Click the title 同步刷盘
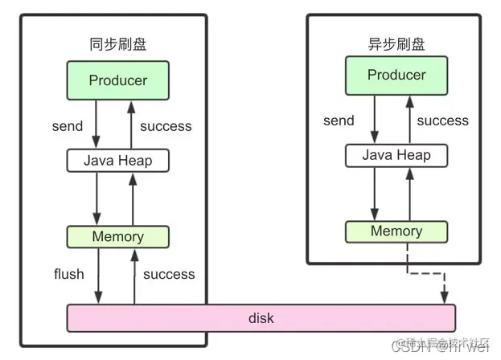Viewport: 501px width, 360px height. tap(118, 44)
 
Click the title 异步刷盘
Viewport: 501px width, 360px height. tap(396, 44)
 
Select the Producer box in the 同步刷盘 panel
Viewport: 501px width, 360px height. tap(118, 80)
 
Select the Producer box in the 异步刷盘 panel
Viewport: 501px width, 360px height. tap(396, 76)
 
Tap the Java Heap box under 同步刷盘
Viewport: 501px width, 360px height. tap(119, 160)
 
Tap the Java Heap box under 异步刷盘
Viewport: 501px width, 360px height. tap(396, 155)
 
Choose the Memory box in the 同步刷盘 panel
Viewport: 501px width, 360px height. tap(118, 237)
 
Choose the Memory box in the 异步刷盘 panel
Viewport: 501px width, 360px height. tap(396, 231)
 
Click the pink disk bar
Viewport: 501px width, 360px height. tap(261, 318)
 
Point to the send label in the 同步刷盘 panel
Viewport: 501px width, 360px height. tap(68, 126)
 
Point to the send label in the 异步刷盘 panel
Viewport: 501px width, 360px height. tap(339, 121)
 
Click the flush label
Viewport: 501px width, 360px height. tap(68, 274)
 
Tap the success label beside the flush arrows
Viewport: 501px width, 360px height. tap(169, 274)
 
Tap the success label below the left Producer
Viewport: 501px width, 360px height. tap(166, 126)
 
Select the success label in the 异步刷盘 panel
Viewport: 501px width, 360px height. tap(442, 121)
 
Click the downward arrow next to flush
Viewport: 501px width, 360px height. tap(98, 276)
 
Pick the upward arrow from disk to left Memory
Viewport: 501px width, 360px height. tap(134, 276)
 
